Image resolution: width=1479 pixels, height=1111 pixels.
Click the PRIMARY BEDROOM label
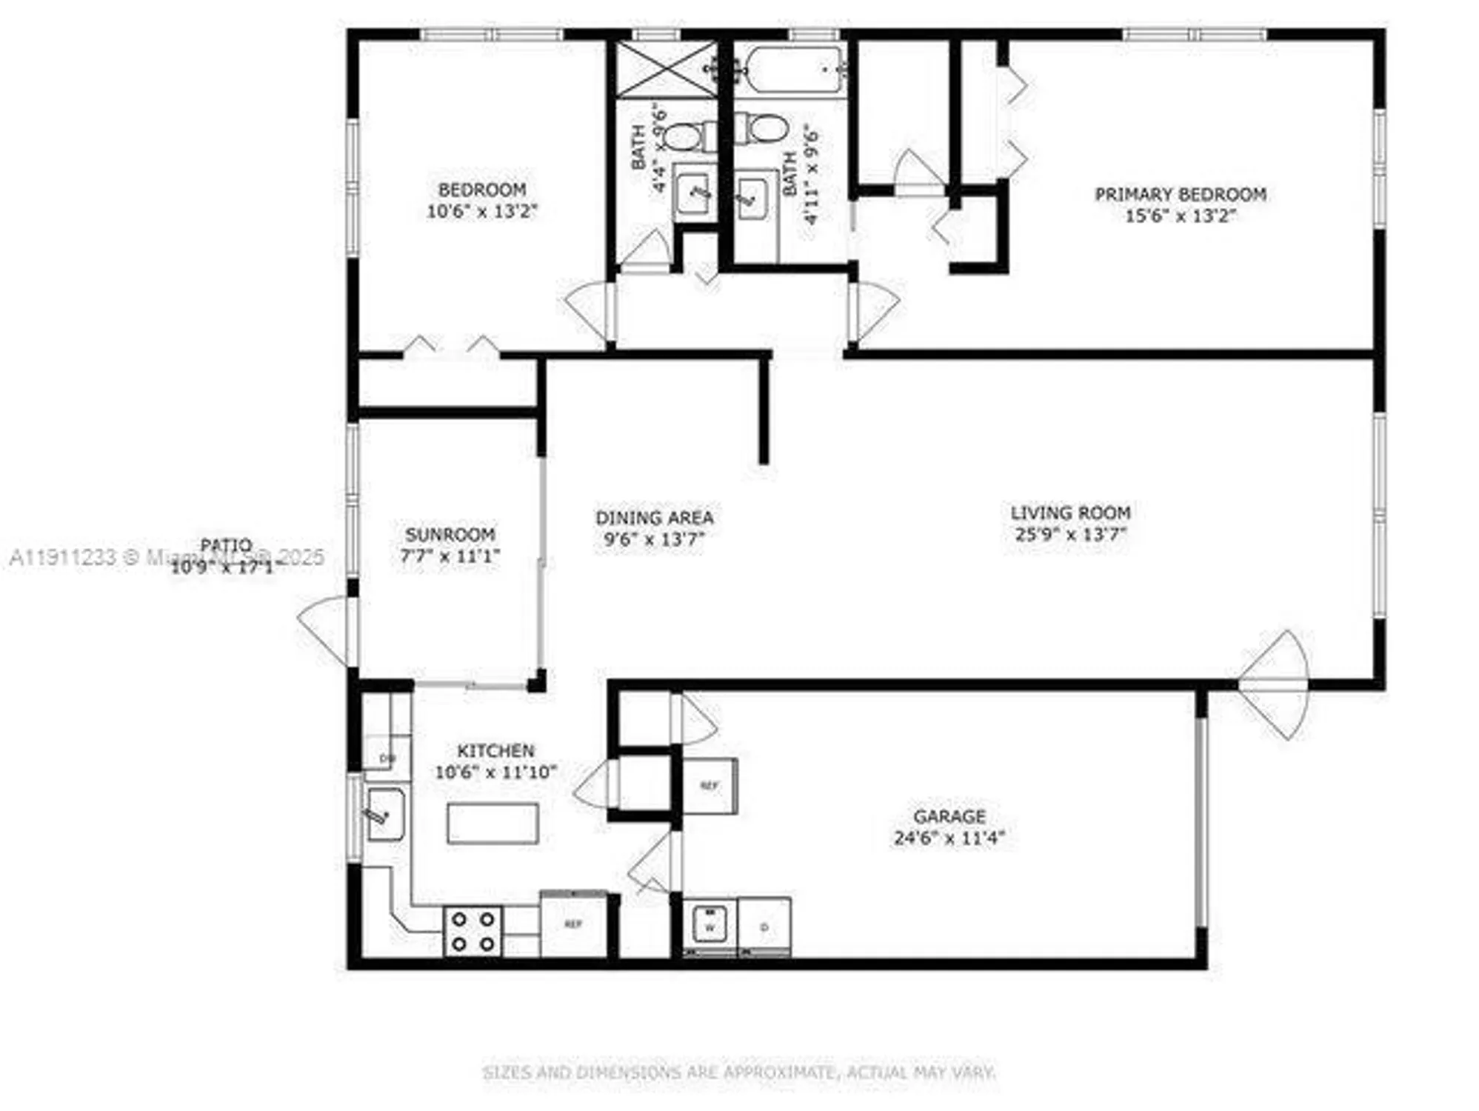tap(1180, 194)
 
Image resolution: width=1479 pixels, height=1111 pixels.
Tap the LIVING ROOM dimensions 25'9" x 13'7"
tap(1070, 534)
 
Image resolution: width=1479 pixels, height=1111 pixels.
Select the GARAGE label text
tap(949, 816)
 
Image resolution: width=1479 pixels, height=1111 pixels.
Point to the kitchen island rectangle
tap(493, 823)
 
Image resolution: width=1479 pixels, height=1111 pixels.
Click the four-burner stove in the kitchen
tap(473, 931)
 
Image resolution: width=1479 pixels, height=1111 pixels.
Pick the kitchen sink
tap(385, 815)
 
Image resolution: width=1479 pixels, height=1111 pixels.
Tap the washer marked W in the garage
tap(710, 924)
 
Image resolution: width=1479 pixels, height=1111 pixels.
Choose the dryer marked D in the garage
tap(764, 925)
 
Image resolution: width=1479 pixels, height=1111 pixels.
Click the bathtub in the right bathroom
tap(794, 70)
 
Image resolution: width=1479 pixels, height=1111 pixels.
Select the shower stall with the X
tap(667, 70)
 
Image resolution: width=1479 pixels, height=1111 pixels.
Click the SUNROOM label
tap(450, 534)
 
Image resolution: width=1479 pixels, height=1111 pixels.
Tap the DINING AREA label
tap(654, 517)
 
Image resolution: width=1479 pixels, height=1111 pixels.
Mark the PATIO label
tap(226, 546)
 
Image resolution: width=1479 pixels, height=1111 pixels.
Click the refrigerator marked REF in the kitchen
tap(573, 924)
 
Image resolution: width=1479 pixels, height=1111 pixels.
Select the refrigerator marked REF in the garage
tap(709, 786)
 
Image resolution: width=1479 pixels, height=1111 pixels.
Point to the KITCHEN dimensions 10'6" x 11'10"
tap(495, 772)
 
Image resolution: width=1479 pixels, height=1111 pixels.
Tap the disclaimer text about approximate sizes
tap(738, 1072)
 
